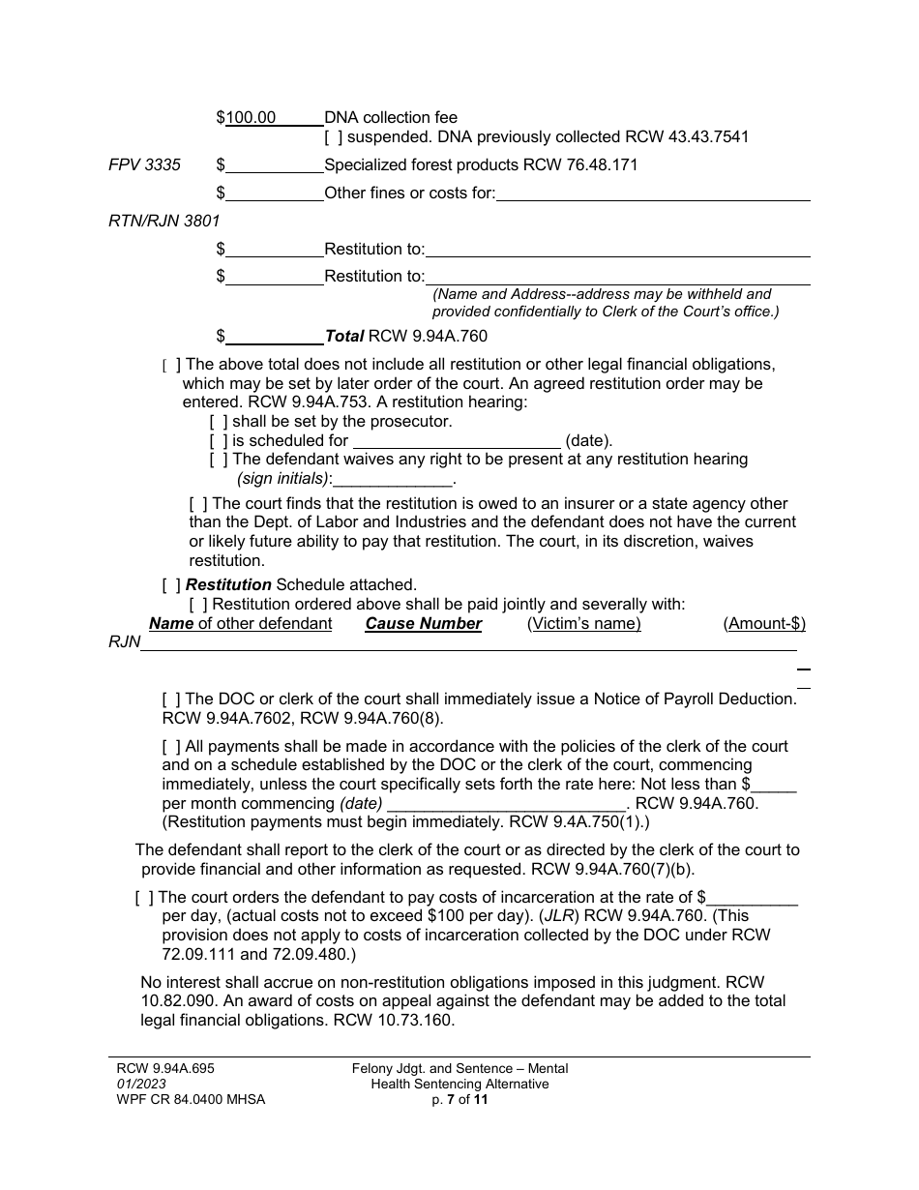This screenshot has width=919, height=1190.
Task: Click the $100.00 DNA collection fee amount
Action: tap(250, 118)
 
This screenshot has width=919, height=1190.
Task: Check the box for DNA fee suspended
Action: tap(333, 136)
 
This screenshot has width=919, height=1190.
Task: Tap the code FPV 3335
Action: tap(144, 164)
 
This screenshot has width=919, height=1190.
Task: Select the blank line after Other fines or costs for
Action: tap(653, 193)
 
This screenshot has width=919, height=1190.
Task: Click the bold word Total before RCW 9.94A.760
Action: tap(343, 337)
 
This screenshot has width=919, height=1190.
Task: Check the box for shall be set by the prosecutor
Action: tap(219, 422)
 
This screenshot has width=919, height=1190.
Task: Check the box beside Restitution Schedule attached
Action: tap(171, 584)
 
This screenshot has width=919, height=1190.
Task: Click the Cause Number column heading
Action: tap(423, 624)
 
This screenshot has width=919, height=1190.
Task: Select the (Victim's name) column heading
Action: tap(583, 624)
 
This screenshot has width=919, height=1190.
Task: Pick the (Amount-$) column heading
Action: tap(763, 624)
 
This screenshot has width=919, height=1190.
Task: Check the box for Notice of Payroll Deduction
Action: tap(171, 699)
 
